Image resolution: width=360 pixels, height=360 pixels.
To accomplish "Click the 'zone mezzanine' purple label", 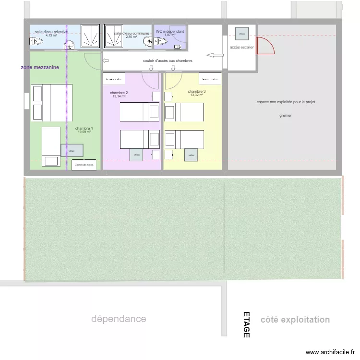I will pyautogui.click(x=40, y=68).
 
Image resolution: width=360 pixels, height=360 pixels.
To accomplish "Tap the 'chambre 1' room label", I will pyautogui.click(x=84, y=128).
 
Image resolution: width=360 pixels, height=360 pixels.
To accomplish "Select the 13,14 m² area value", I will pyautogui.click(x=119, y=96).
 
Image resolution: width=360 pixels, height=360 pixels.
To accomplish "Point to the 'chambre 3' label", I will pyautogui.click(x=197, y=91).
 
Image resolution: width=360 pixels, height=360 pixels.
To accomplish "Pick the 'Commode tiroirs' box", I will pyautogui.click(x=84, y=165).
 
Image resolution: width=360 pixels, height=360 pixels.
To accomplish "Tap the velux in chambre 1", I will pyautogui.click(x=72, y=150).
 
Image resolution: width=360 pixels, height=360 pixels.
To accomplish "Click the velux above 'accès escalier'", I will pyautogui.click(x=242, y=34).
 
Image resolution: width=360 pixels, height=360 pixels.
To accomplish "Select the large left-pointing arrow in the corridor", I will pyautogui.click(x=215, y=55).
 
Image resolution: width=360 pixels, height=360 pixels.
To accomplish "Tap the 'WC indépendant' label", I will pyautogui.click(x=169, y=31).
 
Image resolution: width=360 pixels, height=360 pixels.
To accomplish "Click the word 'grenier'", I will pyautogui.click(x=286, y=115).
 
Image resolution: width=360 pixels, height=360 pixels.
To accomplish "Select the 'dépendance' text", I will pyautogui.click(x=119, y=319).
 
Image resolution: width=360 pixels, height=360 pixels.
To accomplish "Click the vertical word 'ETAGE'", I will pyautogui.click(x=246, y=325).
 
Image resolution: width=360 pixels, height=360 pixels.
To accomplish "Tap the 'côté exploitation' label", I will pyautogui.click(x=295, y=320).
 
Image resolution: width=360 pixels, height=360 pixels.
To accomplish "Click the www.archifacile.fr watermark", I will pyautogui.click(x=331, y=352).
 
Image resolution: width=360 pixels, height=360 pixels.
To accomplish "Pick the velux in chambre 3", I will pyautogui.click(x=192, y=155).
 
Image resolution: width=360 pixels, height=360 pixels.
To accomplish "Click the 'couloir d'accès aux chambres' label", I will pyautogui.click(x=168, y=61).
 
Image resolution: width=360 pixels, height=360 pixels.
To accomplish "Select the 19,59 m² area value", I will pyautogui.click(x=84, y=132).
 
